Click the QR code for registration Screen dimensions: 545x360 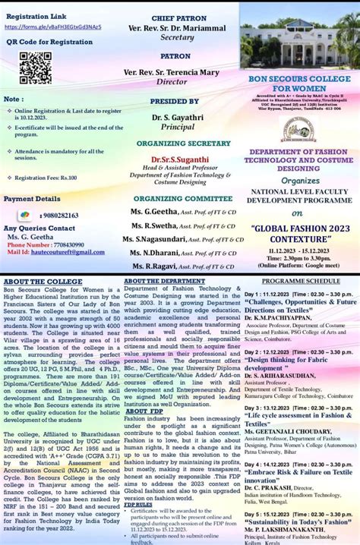[x=35, y=68]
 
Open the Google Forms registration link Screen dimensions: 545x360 [x=53, y=27]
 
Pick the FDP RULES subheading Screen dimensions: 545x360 [x=138, y=503]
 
